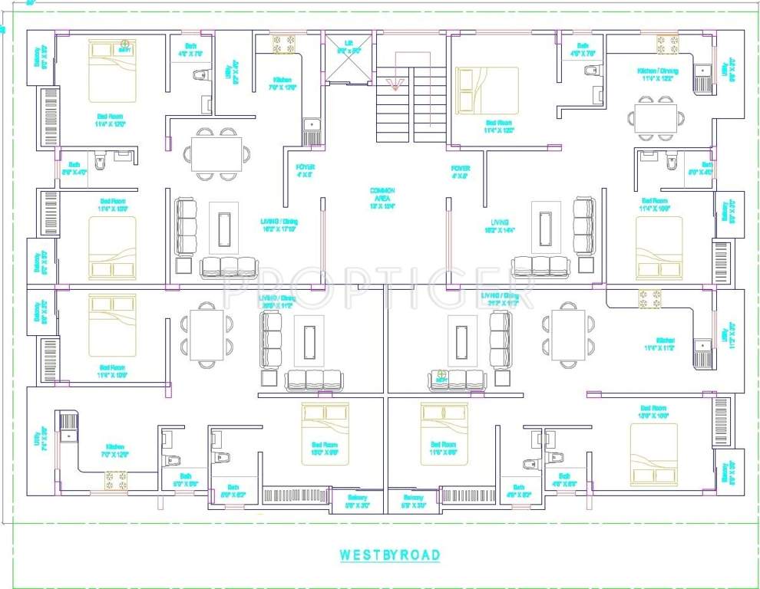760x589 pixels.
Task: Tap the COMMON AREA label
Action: click(x=382, y=198)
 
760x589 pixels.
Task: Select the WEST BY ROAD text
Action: click(x=390, y=554)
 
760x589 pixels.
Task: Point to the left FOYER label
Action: click(x=306, y=170)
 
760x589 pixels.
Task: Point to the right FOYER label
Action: click(x=461, y=170)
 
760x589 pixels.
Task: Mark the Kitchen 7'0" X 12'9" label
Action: click(x=116, y=450)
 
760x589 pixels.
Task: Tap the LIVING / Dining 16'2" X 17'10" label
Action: click(x=279, y=225)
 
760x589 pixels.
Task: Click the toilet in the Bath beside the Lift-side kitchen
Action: click(x=202, y=75)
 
